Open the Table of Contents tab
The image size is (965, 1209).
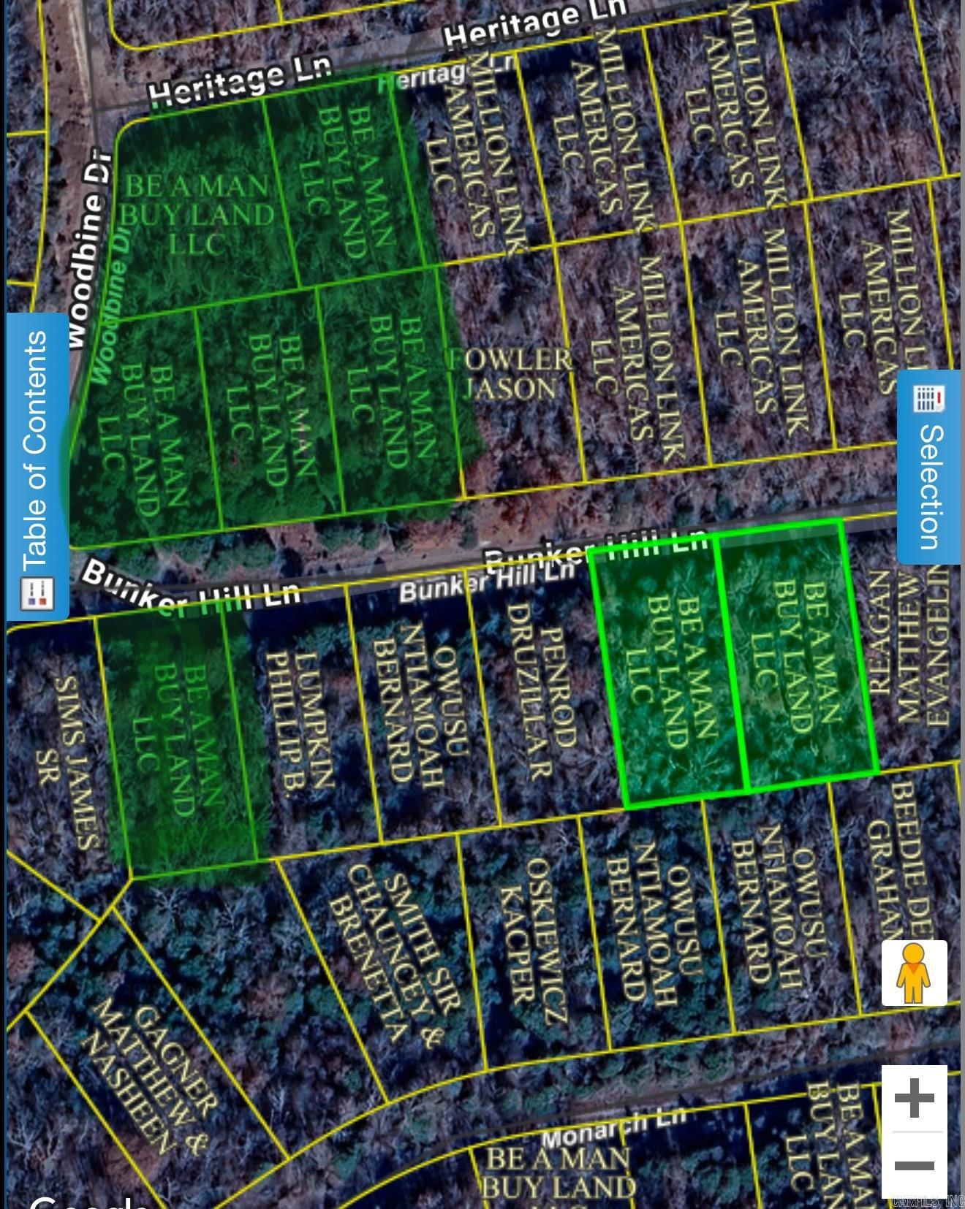tap(37, 468)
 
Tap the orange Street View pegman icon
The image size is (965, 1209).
tap(914, 973)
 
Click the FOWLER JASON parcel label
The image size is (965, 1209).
tap(510, 373)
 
